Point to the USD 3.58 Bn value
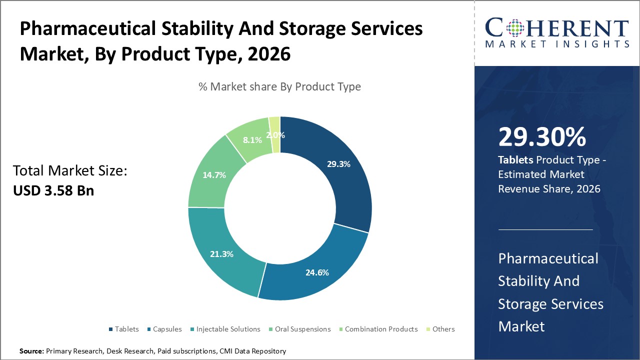[53, 190]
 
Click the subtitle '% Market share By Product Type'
[279, 86]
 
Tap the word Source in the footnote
[31, 351]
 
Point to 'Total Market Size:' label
[70, 171]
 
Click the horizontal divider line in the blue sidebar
[545, 229]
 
